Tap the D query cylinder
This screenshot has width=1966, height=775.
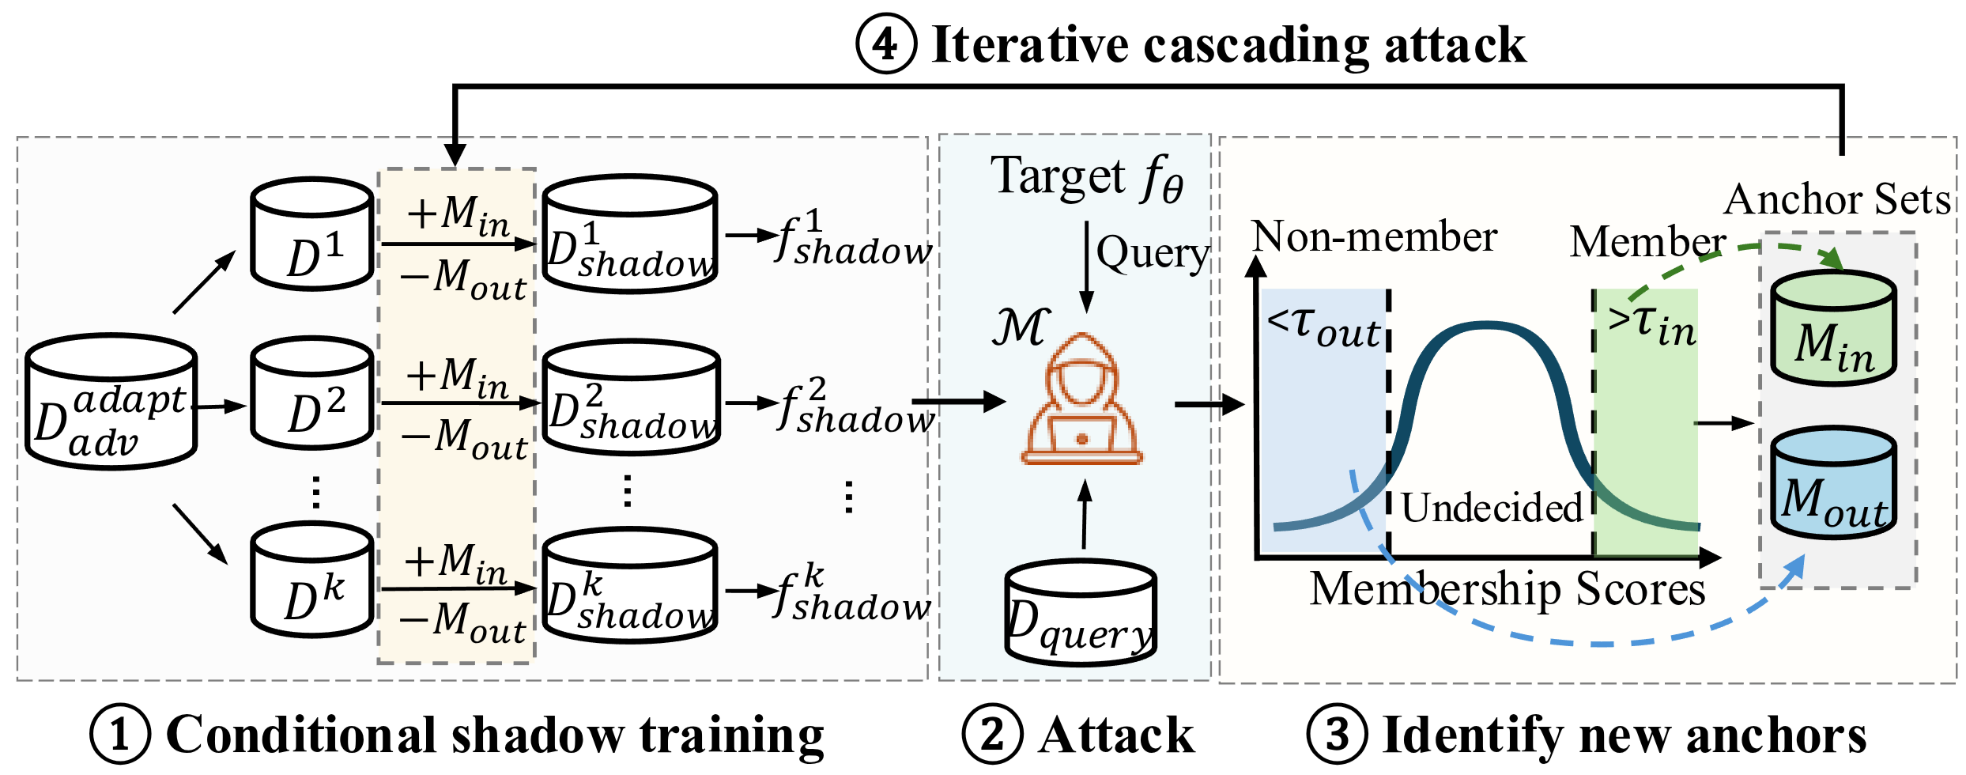(x=1081, y=613)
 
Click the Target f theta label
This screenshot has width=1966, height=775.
(x=1087, y=177)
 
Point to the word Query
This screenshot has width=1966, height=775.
(x=1153, y=254)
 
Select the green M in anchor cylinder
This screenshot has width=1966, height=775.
(x=1833, y=328)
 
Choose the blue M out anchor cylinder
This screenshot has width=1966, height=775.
(x=1833, y=483)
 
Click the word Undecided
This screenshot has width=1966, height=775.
(x=1492, y=508)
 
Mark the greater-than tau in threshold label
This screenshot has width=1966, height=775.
(x=1651, y=324)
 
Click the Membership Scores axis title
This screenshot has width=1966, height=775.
(x=1508, y=589)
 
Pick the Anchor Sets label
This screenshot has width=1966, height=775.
(x=1837, y=199)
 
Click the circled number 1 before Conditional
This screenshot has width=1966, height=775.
(x=120, y=734)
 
